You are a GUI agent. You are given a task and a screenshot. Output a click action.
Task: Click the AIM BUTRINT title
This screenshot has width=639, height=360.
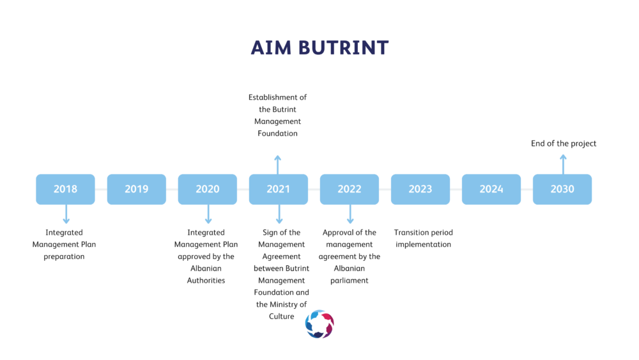[x=319, y=48]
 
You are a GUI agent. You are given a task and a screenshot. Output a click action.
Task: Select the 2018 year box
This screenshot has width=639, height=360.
[x=65, y=189]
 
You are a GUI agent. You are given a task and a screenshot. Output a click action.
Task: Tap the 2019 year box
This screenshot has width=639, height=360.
[x=137, y=189]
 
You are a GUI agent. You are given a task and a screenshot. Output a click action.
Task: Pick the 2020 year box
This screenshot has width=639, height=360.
[x=208, y=189]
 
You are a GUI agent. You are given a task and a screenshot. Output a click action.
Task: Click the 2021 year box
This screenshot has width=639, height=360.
[x=279, y=189]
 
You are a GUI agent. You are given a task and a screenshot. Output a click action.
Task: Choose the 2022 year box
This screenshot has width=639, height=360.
[x=350, y=189]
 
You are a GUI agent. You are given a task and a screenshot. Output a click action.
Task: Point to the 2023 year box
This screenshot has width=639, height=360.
[x=420, y=189]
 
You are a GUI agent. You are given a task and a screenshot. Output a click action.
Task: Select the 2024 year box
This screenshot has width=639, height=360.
[x=491, y=189]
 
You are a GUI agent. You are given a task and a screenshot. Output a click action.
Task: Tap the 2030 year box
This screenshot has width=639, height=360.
[x=562, y=189]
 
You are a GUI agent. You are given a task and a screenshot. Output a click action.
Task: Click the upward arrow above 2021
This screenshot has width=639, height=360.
[x=277, y=165]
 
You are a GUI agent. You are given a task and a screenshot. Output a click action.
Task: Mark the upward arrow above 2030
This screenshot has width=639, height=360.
[x=563, y=164]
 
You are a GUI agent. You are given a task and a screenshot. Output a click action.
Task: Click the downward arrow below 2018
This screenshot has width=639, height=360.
[x=66, y=214]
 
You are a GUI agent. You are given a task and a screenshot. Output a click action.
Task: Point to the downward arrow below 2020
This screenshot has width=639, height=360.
[x=208, y=214]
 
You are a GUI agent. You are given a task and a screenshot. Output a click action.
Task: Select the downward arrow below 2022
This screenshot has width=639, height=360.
[x=350, y=214]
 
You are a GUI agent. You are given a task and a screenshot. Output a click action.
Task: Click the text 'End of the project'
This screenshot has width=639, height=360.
[x=563, y=143]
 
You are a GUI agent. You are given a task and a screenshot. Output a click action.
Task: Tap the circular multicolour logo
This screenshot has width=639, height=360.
[x=319, y=324]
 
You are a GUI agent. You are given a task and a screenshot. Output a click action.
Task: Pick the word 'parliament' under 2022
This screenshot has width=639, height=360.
[x=350, y=281]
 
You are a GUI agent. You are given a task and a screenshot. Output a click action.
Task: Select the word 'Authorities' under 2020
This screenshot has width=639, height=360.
[x=206, y=281]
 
